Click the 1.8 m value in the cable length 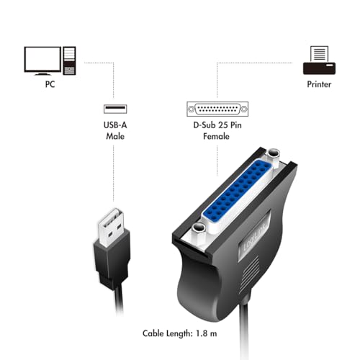(x=224, y=334)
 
